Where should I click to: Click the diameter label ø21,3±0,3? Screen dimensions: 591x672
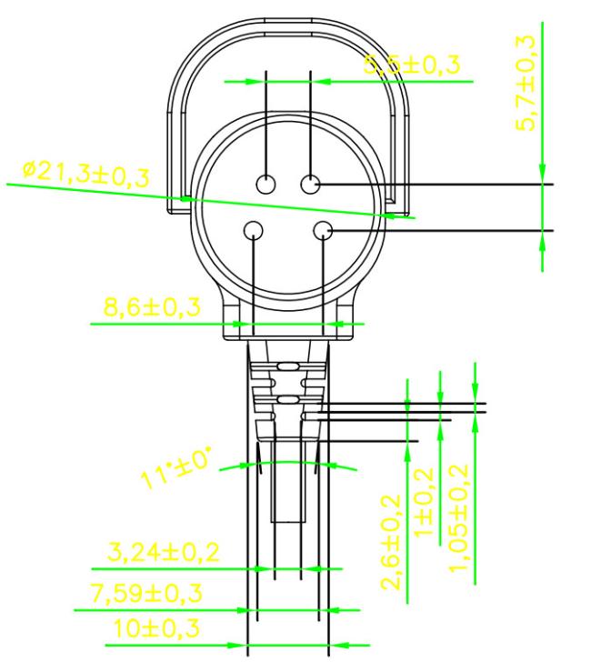click(85, 175)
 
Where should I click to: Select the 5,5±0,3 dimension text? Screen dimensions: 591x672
click(412, 65)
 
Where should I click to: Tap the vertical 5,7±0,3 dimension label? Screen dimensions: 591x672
click(525, 83)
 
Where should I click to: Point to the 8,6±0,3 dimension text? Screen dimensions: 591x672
click(152, 306)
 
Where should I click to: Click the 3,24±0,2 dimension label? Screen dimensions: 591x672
click(163, 552)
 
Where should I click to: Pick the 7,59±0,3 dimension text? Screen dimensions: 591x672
click(146, 593)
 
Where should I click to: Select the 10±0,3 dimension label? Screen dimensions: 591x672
click(156, 628)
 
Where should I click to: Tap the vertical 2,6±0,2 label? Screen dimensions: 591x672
click(391, 542)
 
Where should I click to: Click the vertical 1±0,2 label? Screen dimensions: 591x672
click(425, 502)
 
